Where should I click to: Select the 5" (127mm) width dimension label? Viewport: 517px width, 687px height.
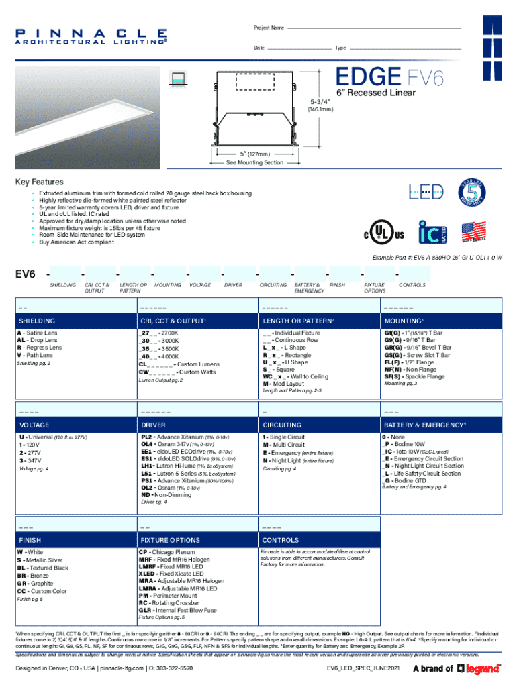pyautogui.click(x=254, y=154)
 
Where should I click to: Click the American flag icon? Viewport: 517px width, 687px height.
pyautogui.click(x=473, y=231)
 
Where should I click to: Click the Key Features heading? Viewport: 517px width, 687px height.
pyautogui.click(x=39, y=182)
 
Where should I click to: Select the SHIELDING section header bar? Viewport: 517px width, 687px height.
pyautogui.click(x=74, y=321)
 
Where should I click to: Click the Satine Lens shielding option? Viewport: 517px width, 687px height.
pyautogui.click(x=38, y=333)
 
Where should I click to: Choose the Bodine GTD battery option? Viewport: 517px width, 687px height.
pyautogui.click(x=406, y=480)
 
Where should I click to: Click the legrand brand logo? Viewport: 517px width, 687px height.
pyautogui.click(x=479, y=668)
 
